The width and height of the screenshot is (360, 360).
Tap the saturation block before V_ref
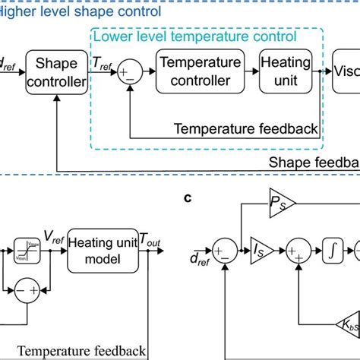tap(24, 248)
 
